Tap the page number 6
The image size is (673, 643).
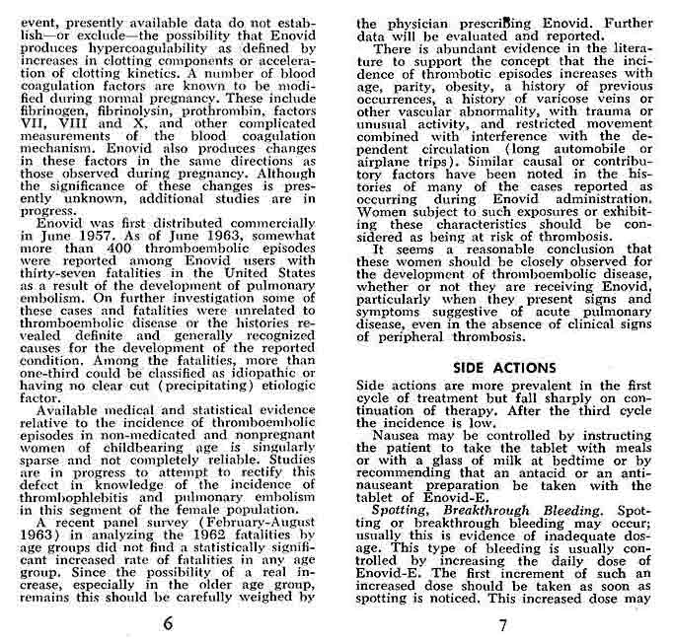tap(169, 623)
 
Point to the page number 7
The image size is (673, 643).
tap(502, 624)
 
